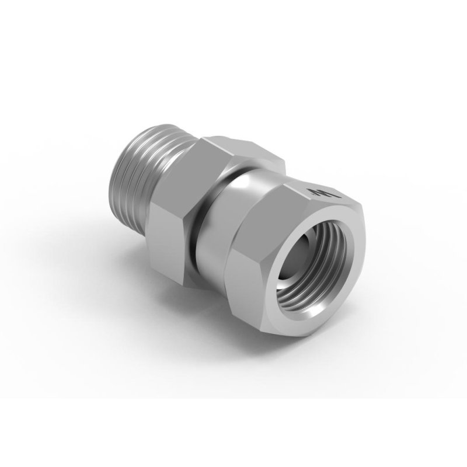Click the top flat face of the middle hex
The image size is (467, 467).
click(x=233, y=146)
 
